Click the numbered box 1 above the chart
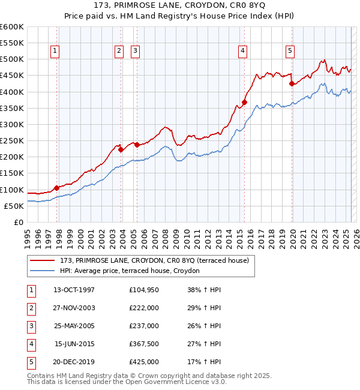[x=55, y=52]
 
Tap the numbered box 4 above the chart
[x=243, y=52]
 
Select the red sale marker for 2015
[x=245, y=102]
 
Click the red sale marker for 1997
[x=56, y=188]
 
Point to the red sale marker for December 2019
[x=292, y=83]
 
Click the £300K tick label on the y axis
[x=12, y=124]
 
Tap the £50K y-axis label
[x=14, y=206]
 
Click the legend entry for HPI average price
[x=133, y=271]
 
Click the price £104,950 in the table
[x=143, y=290]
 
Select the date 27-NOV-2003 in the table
[x=74, y=308]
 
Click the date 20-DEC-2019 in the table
[x=74, y=362]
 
